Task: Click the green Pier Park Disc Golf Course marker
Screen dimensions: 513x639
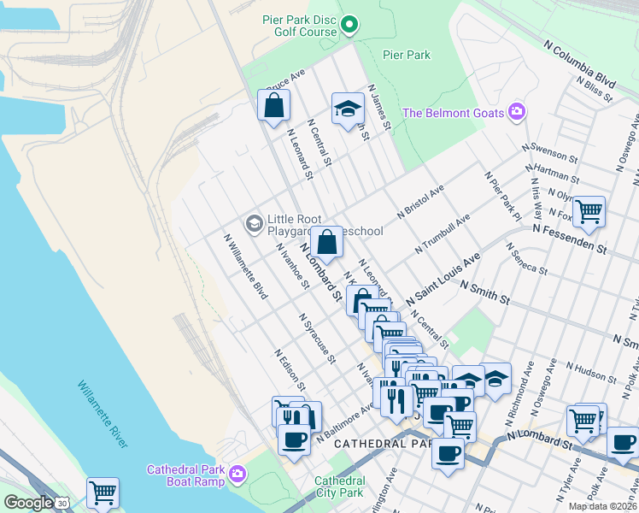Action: click(349, 26)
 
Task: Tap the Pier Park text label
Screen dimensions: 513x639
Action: click(407, 55)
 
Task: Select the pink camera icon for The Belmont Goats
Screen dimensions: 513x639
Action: click(516, 112)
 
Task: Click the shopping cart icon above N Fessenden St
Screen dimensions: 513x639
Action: click(588, 210)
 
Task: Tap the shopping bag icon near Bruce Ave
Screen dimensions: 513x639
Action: click(274, 106)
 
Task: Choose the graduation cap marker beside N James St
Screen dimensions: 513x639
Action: click(347, 109)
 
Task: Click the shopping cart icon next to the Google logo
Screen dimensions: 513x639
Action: click(103, 492)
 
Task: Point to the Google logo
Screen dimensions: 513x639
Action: click(27, 503)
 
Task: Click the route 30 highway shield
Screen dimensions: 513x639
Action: click(62, 504)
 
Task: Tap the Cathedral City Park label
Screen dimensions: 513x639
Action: click(339, 486)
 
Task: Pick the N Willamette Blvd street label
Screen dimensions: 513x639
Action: click(245, 267)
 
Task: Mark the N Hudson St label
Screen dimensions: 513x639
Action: click(589, 372)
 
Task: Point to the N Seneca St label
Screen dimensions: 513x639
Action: click(526, 258)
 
